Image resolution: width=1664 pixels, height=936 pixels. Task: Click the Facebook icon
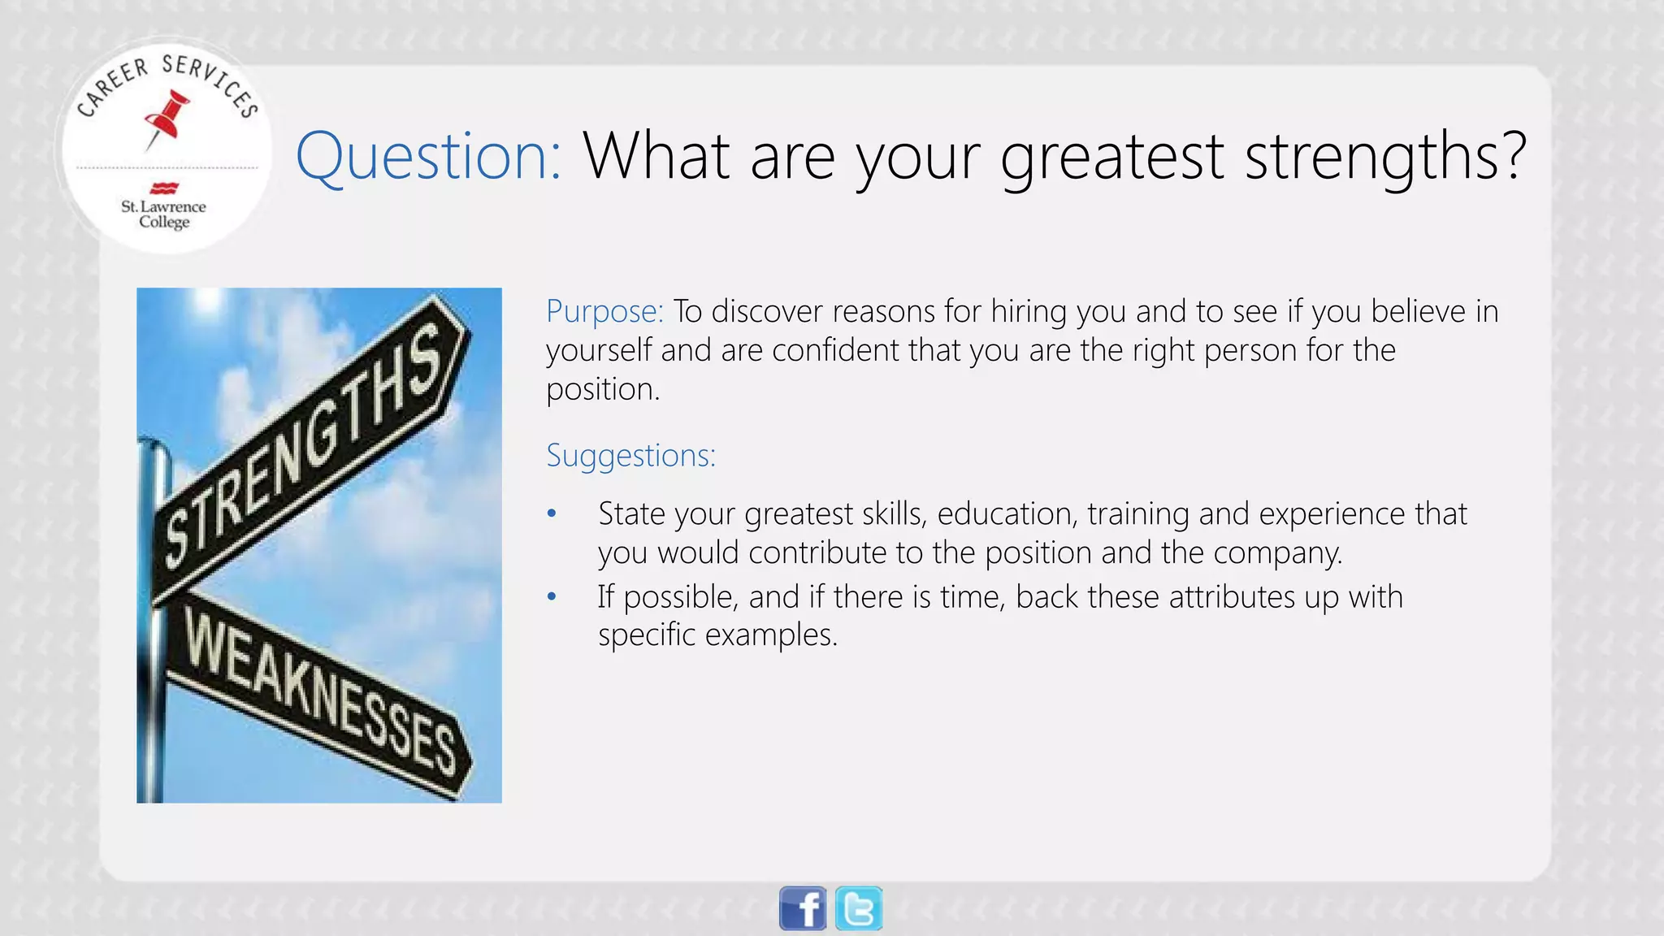click(x=803, y=908)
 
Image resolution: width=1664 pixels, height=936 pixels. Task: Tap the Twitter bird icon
click(x=859, y=908)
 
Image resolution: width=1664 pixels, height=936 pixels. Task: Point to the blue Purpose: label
click(x=604, y=311)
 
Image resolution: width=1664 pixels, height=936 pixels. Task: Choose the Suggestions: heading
click(x=630, y=455)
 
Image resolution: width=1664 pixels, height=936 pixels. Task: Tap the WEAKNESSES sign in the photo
click(x=317, y=691)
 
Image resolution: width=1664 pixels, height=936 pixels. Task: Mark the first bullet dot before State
click(x=552, y=513)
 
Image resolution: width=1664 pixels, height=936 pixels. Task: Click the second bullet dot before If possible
click(x=552, y=597)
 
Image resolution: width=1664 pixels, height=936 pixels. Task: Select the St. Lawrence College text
click(x=163, y=214)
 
